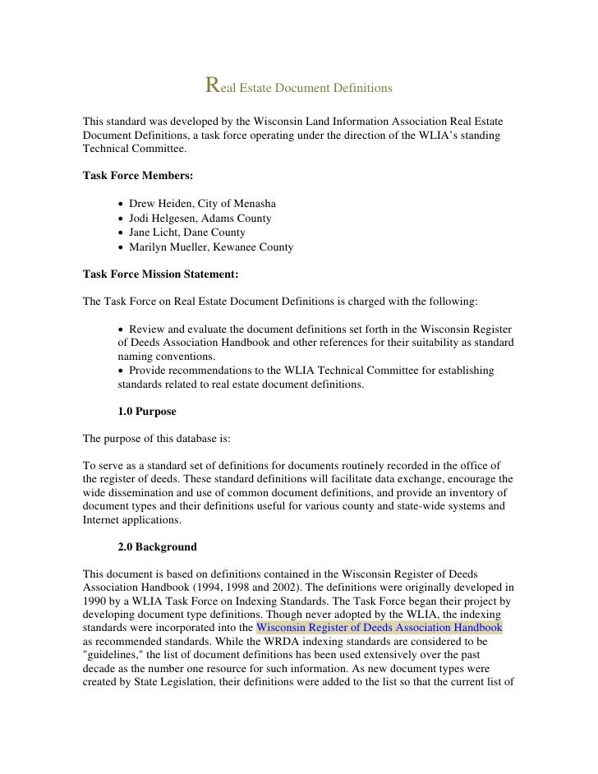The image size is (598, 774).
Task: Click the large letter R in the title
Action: point(212,85)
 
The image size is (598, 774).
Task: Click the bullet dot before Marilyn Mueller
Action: point(122,247)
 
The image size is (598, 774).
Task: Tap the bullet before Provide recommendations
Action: point(122,371)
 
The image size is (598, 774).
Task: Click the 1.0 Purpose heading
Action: point(147,411)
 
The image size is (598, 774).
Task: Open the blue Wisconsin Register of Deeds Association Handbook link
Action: point(379,628)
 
